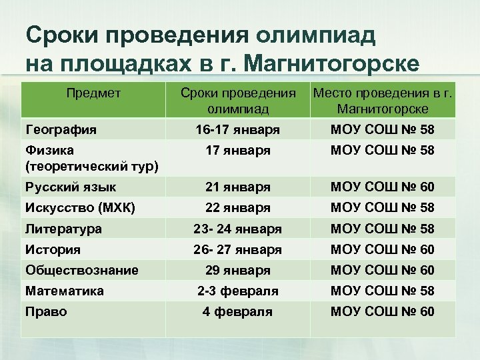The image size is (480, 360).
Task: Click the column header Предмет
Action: point(93,94)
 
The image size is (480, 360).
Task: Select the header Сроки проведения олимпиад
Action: point(237,101)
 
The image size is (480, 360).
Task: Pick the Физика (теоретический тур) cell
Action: point(91,158)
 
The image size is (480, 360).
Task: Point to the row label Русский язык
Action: point(69,187)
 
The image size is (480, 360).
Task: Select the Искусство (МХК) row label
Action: point(80,208)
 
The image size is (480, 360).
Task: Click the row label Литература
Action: point(63,229)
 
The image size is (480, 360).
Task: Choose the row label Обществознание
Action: point(81,270)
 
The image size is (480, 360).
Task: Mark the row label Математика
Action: point(64,291)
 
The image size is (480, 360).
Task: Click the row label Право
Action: point(45,311)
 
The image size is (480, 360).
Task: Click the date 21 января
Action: point(237,187)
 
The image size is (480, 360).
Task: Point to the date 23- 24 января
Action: point(237,229)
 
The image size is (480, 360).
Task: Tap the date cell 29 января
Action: point(237,271)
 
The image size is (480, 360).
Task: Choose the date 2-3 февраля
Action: point(237,291)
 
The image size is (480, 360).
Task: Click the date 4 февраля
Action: point(237,312)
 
